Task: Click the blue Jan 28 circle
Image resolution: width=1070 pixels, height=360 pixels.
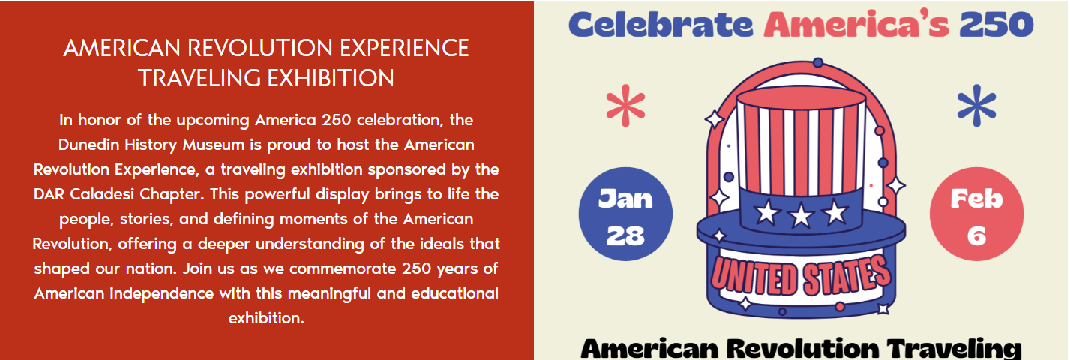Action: click(625, 214)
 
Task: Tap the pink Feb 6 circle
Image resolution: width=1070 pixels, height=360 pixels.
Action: click(976, 214)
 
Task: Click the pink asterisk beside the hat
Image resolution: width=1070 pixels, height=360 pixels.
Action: click(626, 106)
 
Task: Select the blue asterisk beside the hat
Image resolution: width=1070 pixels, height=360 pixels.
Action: click(977, 106)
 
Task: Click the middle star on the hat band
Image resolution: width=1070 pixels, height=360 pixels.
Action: click(801, 214)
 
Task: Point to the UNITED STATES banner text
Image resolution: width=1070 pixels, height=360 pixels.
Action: click(801, 275)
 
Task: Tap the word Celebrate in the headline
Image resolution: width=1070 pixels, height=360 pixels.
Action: click(661, 25)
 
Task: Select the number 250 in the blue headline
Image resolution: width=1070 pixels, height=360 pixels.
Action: click(997, 25)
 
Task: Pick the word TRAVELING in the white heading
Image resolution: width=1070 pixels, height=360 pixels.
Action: click(199, 78)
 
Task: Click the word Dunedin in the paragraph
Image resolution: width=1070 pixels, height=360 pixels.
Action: click(89, 145)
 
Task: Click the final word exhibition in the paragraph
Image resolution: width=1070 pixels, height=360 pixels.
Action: click(266, 318)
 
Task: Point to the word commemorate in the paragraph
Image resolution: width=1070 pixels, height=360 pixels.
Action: click(343, 268)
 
